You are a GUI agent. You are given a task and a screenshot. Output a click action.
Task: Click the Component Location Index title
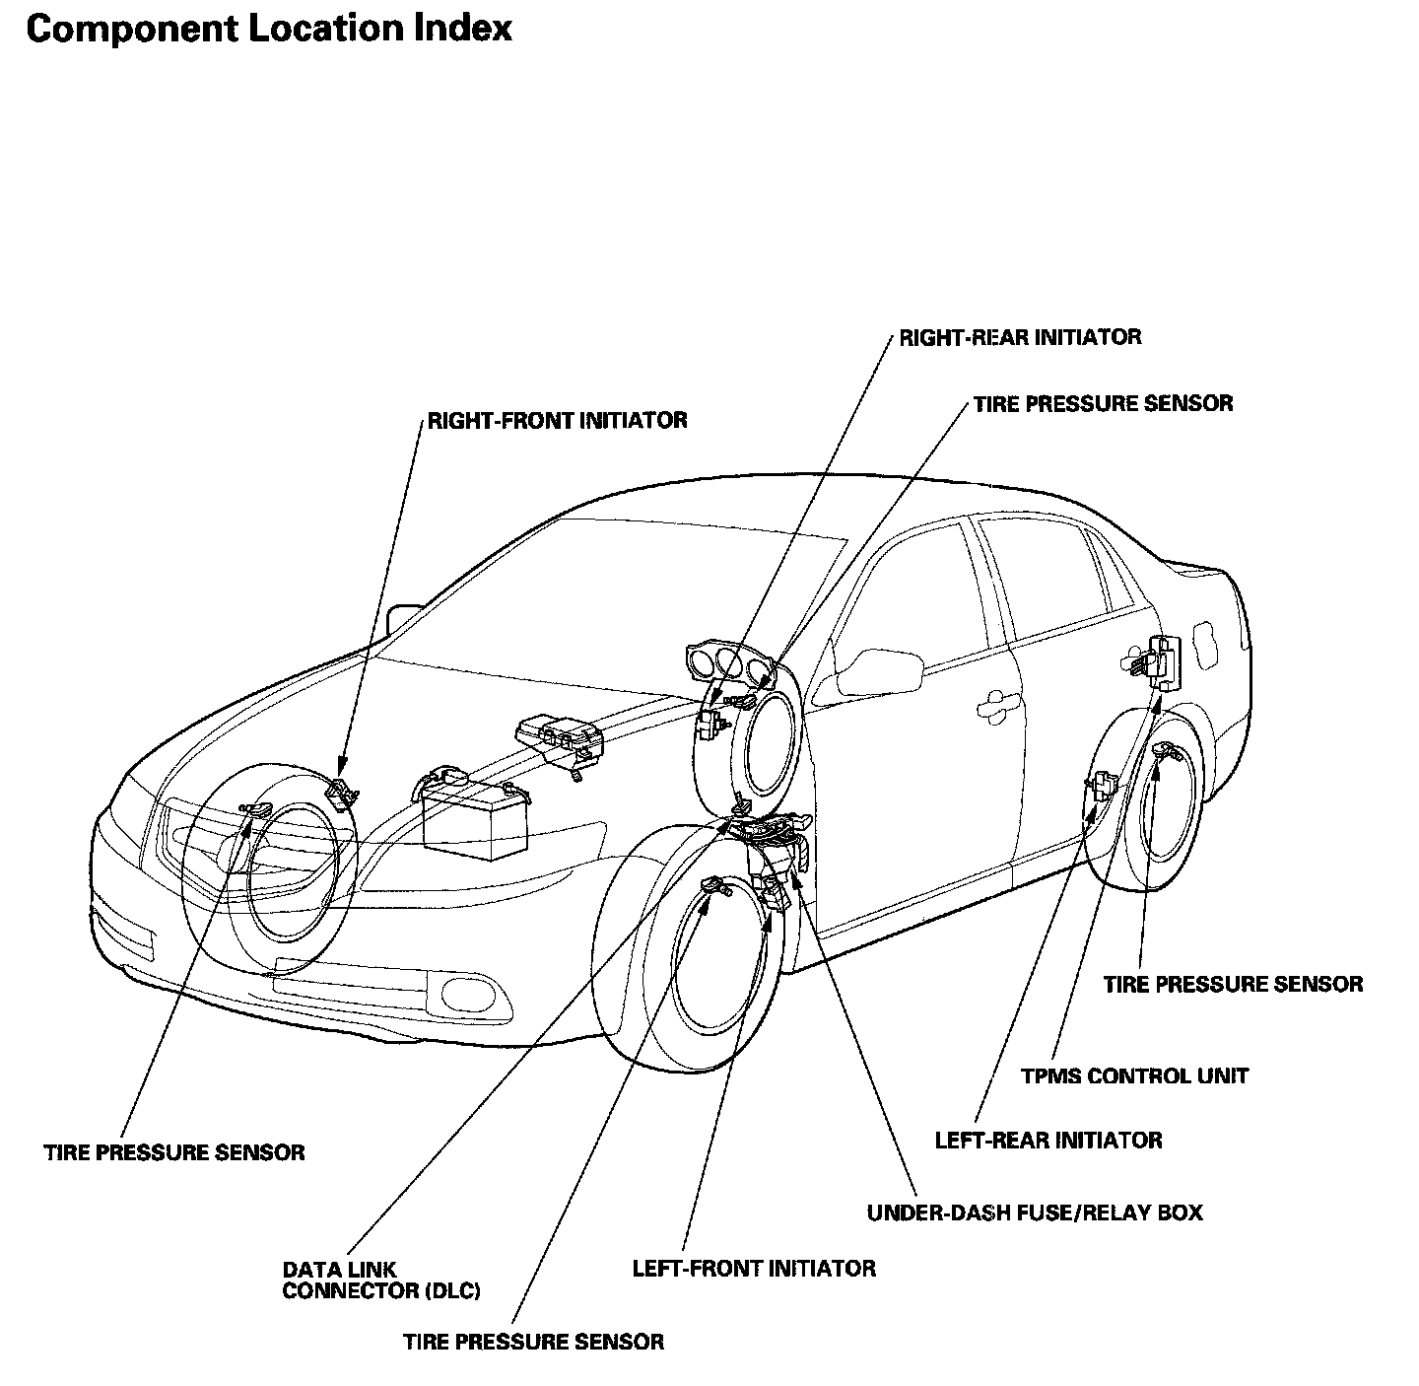(x=269, y=29)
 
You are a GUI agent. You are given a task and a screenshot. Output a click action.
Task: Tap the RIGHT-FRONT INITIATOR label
(x=557, y=420)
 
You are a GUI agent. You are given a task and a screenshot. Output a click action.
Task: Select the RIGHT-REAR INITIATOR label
(x=1020, y=337)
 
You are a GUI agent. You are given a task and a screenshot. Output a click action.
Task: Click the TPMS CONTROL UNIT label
(x=1134, y=1075)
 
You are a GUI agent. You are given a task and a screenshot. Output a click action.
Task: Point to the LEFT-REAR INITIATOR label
(x=1048, y=1141)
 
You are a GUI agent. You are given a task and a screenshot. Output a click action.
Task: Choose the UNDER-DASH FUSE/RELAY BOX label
(x=1035, y=1213)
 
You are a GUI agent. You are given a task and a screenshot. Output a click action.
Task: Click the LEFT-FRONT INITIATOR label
(x=754, y=1268)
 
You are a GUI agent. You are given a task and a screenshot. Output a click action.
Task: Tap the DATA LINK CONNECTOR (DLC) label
(x=380, y=1281)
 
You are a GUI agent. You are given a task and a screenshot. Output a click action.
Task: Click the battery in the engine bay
(x=471, y=807)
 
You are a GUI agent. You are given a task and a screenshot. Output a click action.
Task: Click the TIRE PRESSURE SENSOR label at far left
(x=174, y=1152)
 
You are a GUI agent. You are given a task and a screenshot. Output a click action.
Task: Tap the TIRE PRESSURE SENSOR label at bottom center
(x=533, y=1342)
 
